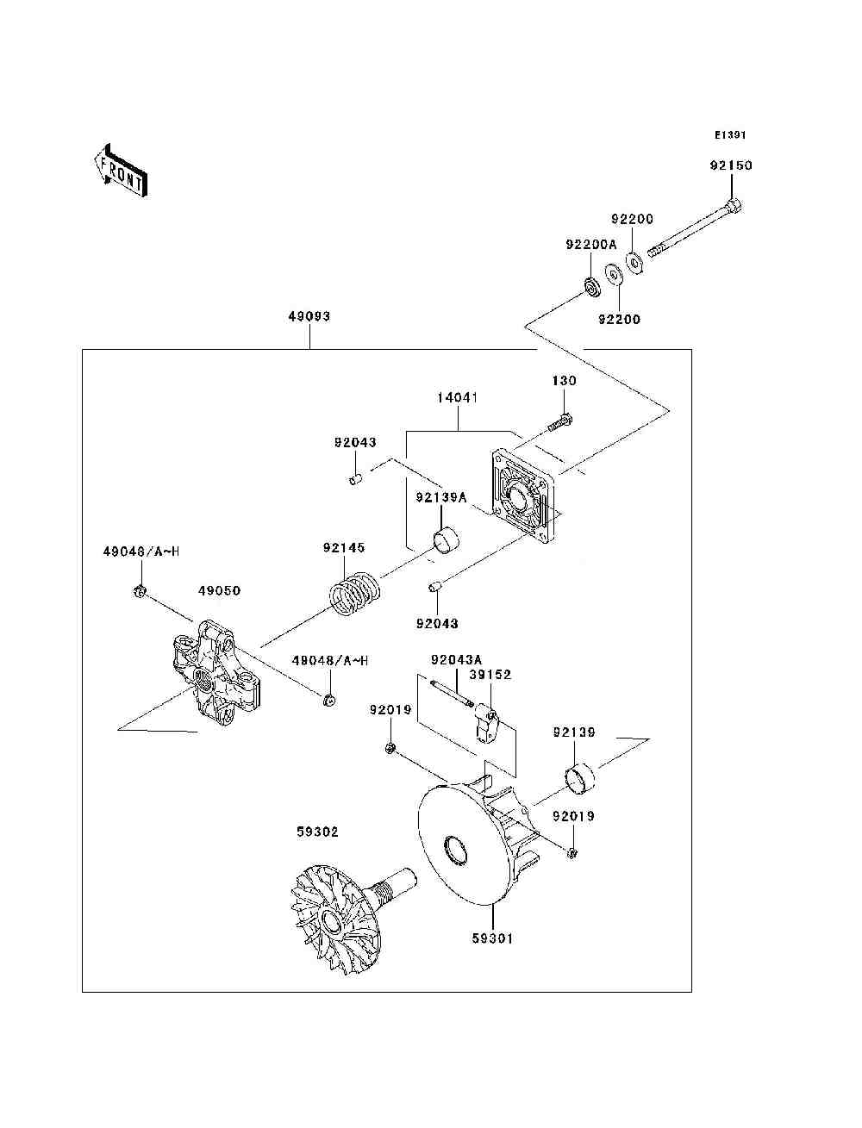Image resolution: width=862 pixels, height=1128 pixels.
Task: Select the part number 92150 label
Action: click(x=730, y=165)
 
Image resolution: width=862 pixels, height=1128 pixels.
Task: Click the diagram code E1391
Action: click(x=729, y=135)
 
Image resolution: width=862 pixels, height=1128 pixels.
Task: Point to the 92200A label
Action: click(x=590, y=245)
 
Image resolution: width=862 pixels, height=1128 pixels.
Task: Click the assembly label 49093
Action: click(x=309, y=316)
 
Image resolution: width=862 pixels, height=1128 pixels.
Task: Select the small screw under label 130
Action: click(x=560, y=422)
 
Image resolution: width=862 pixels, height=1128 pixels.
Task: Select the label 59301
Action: click(x=491, y=938)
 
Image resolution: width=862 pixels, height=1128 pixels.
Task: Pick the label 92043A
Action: click(x=456, y=660)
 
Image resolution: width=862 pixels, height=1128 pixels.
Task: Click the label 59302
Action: click(x=317, y=832)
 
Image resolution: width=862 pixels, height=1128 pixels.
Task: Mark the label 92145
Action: click(x=344, y=548)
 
